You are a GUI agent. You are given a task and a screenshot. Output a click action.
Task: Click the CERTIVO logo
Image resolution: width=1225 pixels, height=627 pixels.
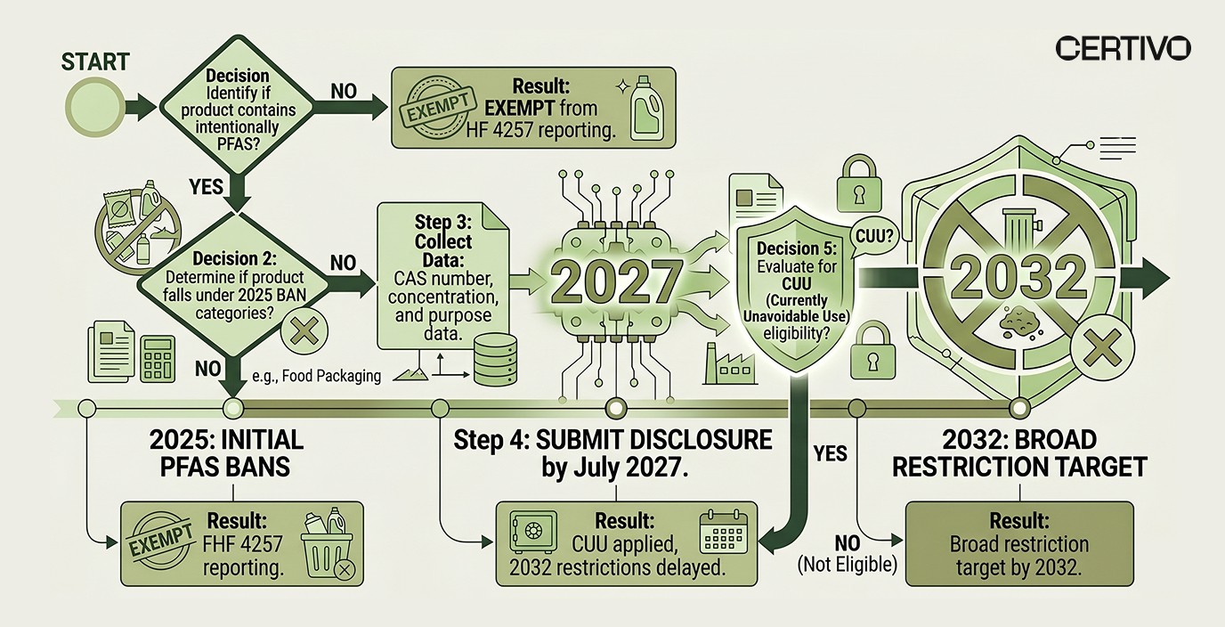coord(1122,48)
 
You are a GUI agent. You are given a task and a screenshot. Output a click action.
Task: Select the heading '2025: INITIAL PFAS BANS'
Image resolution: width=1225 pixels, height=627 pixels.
coord(226,453)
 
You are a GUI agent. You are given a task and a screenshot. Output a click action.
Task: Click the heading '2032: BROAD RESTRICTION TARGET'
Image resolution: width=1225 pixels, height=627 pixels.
coord(1019,453)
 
